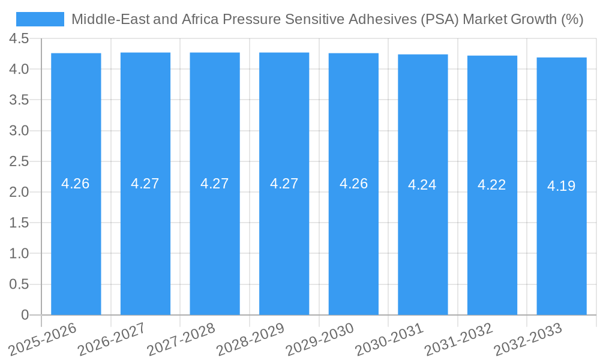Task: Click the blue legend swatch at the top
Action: (x=40, y=19)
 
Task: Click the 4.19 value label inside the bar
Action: (x=562, y=186)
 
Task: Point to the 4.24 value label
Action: (x=422, y=185)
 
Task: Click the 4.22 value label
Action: (x=492, y=185)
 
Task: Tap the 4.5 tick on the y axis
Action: (x=19, y=39)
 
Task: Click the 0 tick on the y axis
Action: (x=25, y=315)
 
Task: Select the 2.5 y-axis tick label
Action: (x=19, y=161)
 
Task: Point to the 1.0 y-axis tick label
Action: (x=19, y=254)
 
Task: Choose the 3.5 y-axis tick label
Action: (x=19, y=100)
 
